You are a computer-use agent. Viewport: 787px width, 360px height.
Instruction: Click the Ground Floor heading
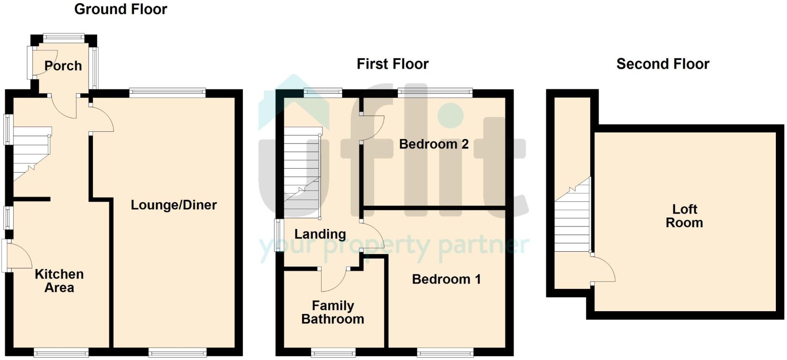click(x=121, y=9)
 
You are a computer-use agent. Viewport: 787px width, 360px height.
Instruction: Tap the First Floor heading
click(x=392, y=64)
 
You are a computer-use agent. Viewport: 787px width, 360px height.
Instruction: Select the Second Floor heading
click(x=662, y=64)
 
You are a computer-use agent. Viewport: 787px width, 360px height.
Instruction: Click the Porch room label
click(x=63, y=66)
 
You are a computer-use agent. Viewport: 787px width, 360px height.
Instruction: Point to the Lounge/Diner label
click(x=174, y=205)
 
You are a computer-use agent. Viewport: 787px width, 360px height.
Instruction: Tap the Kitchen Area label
click(x=59, y=281)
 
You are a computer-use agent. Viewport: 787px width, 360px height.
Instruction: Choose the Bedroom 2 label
click(x=433, y=144)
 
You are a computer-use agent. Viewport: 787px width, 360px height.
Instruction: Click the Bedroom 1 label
click(x=446, y=279)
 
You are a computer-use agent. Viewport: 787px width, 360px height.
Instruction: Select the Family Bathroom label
click(x=333, y=312)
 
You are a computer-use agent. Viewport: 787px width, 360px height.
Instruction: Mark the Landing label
click(x=320, y=234)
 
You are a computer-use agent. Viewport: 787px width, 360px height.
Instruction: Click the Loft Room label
click(x=684, y=216)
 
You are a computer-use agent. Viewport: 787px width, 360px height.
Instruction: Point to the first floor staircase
click(x=302, y=173)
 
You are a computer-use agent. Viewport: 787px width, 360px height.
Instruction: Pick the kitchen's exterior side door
click(x=17, y=255)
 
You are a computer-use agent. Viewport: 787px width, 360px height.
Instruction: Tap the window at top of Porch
click(x=63, y=38)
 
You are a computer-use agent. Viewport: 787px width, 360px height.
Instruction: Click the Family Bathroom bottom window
click(x=333, y=352)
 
